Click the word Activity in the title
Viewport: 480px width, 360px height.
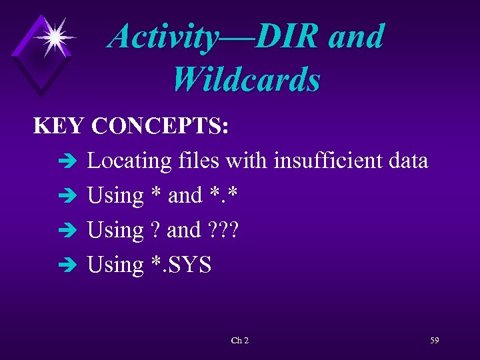(163, 37)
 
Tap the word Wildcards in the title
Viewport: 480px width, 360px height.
(246, 79)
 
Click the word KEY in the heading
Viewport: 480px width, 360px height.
(59, 126)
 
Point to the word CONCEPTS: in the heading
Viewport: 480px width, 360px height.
(161, 126)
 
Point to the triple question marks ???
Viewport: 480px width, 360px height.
(223, 231)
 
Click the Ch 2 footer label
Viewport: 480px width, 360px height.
(240, 341)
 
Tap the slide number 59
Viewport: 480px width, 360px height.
(435, 341)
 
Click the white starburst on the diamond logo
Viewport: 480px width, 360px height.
(53, 37)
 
